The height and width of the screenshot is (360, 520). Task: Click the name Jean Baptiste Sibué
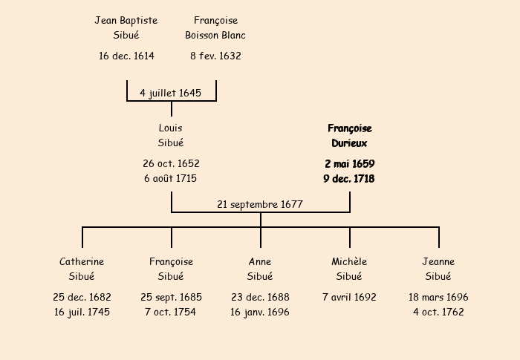click(x=126, y=27)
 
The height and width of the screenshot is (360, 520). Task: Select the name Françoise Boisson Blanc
click(x=215, y=27)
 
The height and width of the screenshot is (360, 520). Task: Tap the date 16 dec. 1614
click(x=126, y=56)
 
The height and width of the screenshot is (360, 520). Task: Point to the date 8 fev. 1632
click(x=215, y=56)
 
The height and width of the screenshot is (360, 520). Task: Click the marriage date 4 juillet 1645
click(x=171, y=93)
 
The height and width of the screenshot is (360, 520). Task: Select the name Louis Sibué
click(x=171, y=135)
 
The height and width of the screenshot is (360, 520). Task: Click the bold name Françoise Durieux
click(x=349, y=135)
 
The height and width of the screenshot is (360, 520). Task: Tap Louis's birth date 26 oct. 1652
click(x=171, y=163)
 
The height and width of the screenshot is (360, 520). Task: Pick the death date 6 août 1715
click(x=171, y=178)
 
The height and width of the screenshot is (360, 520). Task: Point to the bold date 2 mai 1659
click(x=349, y=163)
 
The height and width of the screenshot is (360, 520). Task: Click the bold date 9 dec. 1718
click(x=349, y=178)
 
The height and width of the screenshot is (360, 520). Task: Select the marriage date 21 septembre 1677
click(x=260, y=204)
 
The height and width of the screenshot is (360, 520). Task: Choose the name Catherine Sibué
click(x=82, y=269)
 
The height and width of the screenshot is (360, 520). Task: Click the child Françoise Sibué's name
click(x=171, y=269)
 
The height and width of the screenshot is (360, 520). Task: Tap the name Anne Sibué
click(x=260, y=269)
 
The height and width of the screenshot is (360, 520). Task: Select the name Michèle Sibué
click(x=349, y=269)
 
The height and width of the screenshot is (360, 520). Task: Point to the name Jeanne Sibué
click(x=438, y=269)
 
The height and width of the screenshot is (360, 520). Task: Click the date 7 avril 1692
click(x=349, y=297)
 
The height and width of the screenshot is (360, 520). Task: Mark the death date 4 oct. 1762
click(x=438, y=312)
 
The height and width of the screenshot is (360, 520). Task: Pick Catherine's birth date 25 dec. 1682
click(x=82, y=297)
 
